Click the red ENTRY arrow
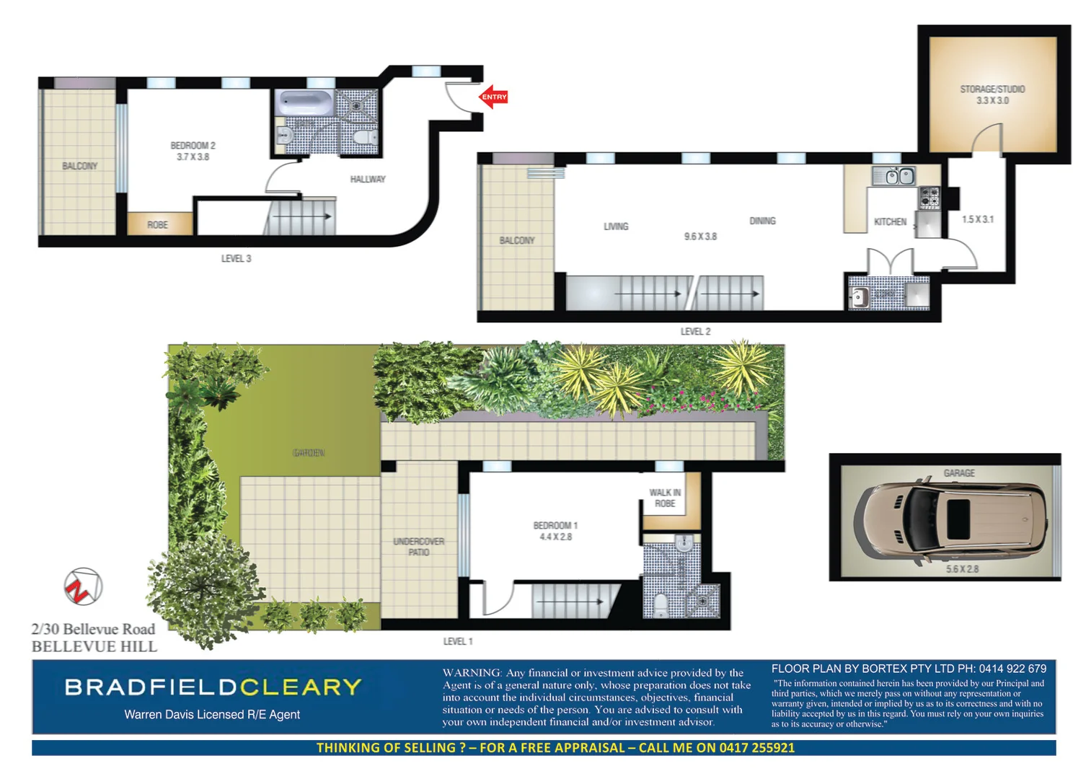coord(494,97)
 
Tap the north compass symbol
coord(83,587)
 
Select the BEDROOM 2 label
coord(193,146)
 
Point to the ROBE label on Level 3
coord(157,225)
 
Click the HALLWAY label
coord(368,180)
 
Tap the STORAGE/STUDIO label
coord(992,89)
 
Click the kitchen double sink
coord(894,176)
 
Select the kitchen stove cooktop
coord(929,197)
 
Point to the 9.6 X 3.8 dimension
coord(700,237)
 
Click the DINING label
coord(762,221)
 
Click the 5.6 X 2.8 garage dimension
coord(962,569)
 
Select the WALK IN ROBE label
coord(665,498)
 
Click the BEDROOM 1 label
coord(555,526)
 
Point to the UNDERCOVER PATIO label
coord(419,547)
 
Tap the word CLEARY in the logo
coord(301,687)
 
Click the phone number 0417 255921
coord(756,748)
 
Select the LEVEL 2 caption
coord(695,332)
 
